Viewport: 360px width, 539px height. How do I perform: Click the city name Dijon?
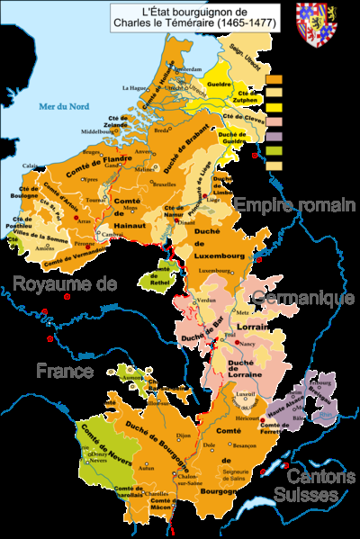coord(184,436)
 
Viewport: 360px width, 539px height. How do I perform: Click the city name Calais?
coord(31,166)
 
